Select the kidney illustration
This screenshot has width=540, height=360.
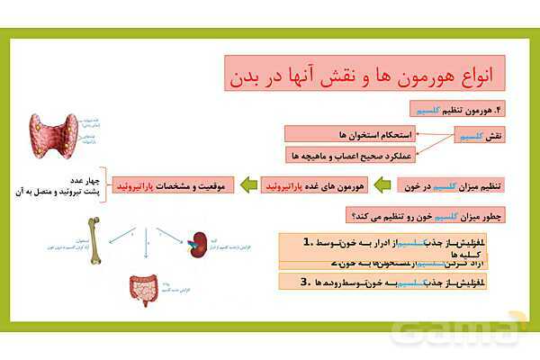[x=197, y=240]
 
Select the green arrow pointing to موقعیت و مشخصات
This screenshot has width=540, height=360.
[x=251, y=185]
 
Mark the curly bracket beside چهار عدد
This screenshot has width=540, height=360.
[x=104, y=184]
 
